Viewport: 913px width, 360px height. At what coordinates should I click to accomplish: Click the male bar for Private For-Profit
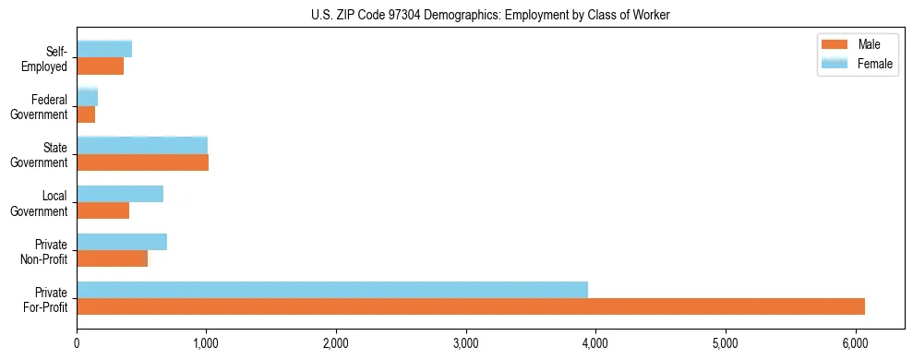point(471,306)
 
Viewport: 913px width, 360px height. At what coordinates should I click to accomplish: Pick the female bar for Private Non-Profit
point(122,242)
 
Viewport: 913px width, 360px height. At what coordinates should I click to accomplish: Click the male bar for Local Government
point(102,210)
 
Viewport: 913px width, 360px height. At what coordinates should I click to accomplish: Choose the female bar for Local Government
point(120,194)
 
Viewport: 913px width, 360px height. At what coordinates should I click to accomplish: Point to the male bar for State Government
point(142,162)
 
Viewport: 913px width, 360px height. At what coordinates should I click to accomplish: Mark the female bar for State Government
point(142,146)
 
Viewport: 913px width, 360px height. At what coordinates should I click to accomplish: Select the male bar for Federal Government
point(86,114)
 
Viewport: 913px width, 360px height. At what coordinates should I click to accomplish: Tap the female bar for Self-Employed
point(104,49)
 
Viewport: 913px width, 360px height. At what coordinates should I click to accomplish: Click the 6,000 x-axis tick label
point(855,343)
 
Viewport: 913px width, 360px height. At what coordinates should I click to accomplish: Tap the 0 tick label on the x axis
point(77,343)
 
